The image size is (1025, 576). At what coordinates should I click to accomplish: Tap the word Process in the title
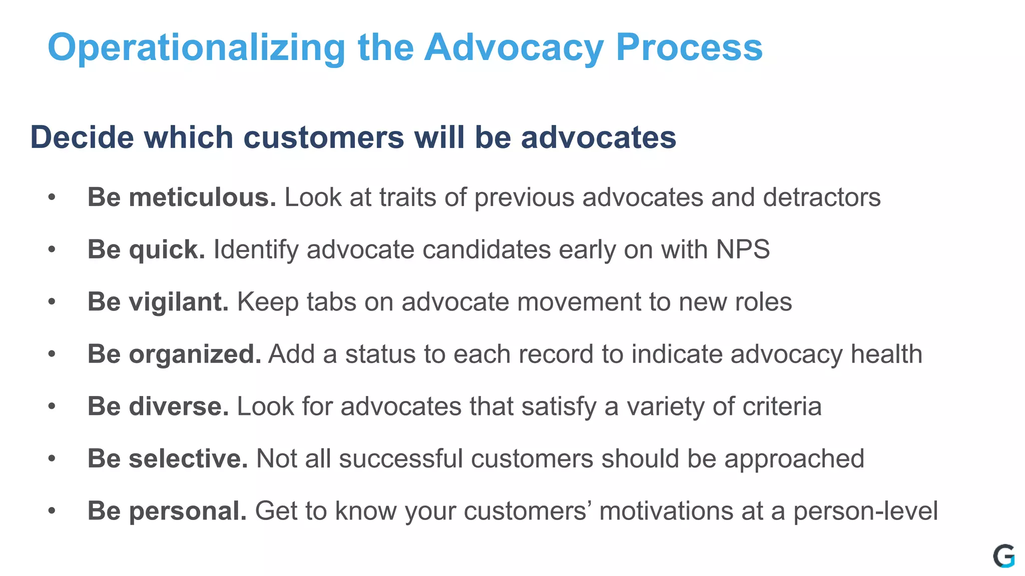coord(689,48)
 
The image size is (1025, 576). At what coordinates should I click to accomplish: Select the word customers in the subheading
coord(323,137)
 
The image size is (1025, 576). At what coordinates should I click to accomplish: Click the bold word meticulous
coord(202,197)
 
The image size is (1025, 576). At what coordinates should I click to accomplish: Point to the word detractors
coord(821,197)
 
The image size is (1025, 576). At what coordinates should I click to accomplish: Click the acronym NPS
coord(743,249)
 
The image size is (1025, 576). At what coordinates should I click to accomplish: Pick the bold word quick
coord(167,250)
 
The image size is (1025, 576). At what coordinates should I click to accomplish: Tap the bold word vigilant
coord(179,302)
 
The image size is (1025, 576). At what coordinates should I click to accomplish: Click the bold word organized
coord(195,354)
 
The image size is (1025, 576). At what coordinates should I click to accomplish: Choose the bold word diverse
coord(179,406)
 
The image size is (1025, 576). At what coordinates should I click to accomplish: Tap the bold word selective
coord(188,458)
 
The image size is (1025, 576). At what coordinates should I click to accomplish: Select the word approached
coord(794,459)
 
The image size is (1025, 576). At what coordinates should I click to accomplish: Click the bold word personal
coord(188,511)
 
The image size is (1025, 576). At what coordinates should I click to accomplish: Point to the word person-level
coord(865,511)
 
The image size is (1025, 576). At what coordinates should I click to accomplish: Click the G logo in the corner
coord(1003,556)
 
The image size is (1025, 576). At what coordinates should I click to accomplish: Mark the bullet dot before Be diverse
coord(52,406)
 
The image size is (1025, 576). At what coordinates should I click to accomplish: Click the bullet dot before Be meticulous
coord(52,197)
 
